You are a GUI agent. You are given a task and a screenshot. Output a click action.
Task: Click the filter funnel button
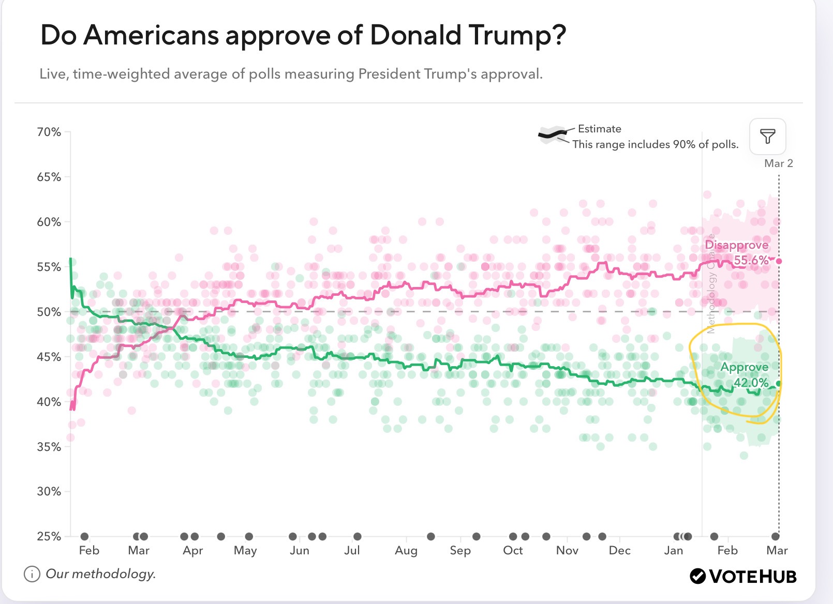(768, 137)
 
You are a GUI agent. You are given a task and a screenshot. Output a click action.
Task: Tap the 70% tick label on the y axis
(49, 132)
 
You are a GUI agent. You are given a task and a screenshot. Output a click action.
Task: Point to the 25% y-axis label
(49, 536)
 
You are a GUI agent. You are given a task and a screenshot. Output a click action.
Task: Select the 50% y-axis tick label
(49, 312)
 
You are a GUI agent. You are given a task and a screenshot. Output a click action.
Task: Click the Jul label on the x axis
(352, 550)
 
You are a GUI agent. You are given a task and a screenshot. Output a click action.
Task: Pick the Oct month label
(513, 550)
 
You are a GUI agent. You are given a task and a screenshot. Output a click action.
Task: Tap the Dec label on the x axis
(619, 550)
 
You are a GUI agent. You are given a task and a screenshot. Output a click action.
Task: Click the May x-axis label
(245, 550)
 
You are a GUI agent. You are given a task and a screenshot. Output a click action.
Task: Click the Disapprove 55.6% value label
(751, 260)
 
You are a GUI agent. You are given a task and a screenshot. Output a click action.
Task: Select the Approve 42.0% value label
(751, 383)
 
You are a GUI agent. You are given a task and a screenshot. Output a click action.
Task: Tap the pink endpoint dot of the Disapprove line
(779, 261)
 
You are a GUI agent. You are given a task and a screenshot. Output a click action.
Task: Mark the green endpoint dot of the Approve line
(779, 384)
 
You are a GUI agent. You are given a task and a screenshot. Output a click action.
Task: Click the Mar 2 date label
(778, 163)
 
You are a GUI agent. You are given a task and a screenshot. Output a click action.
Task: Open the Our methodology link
(101, 574)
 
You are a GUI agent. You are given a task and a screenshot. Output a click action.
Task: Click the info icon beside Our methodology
(32, 574)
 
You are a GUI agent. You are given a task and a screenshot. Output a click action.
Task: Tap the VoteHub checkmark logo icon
(697, 576)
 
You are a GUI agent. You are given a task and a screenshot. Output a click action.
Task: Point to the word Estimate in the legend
(599, 129)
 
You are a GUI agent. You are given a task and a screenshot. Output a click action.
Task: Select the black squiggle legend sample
(553, 135)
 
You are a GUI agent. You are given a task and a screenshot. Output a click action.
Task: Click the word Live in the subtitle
(53, 74)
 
